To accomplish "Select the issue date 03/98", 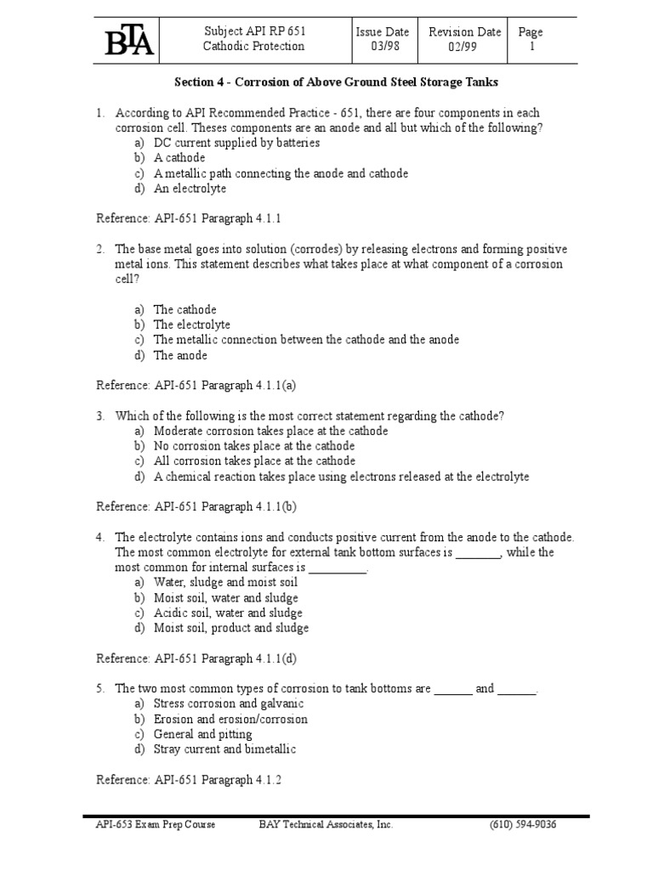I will [x=383, y=47].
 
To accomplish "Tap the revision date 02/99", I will [x=463, y=47].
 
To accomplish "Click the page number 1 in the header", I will [x=532, y=47].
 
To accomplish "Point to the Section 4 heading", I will [x=336, y=82].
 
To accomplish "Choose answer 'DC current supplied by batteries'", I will [x=236, y=143].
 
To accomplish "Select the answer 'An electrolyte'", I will [x=190, y=189].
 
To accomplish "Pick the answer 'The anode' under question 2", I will [x=180, y=355].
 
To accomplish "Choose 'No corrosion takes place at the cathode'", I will [x=254, y=446].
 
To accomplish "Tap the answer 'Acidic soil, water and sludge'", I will [x=228, y=613].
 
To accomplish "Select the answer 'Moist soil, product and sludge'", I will [x=231, y=628].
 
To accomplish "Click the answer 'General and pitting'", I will [x=202, y=734].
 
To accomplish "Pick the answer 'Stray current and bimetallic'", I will [x=224, y=749].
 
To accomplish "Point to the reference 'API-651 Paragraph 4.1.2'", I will [x=188, y=779].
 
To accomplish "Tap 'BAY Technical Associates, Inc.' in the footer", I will [x=326, y=824].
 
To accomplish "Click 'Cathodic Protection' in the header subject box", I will [x=253, y=47].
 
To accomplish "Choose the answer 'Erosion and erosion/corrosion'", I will [x=230, y=719].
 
